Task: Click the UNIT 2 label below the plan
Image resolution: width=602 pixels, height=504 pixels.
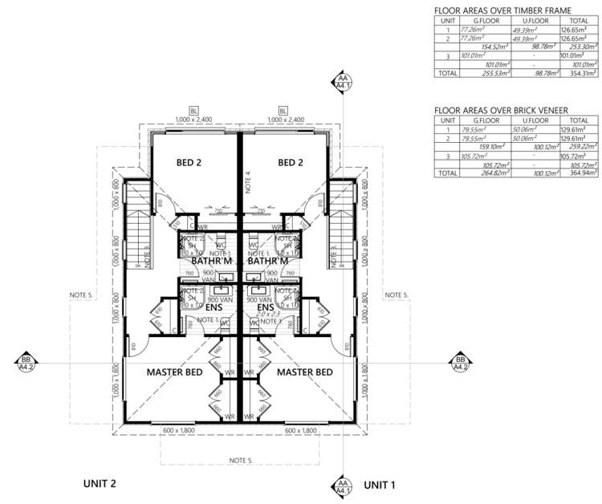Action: pos(100,483)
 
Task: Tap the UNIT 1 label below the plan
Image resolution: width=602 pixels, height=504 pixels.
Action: pos(380,485)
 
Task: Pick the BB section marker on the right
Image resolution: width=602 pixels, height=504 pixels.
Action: pos(460,363)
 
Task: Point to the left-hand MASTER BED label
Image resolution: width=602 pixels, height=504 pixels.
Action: pos(173,372)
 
